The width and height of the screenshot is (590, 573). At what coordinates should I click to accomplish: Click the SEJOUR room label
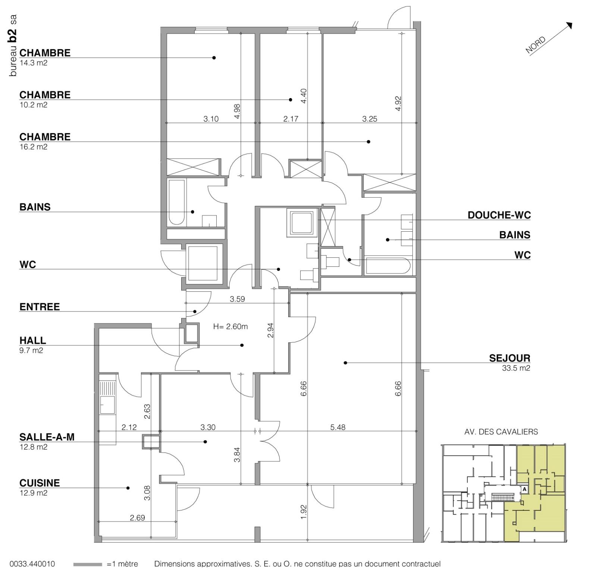pyautogui.click(x=509, y=358)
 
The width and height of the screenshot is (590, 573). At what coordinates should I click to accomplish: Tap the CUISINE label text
pyautogui.click(x=40, y=483)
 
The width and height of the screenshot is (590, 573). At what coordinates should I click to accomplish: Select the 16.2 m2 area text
pyautogui.click(x=33, y=147)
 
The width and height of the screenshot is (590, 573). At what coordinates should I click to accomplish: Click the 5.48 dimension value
pyautogui.click(x=338, y=428)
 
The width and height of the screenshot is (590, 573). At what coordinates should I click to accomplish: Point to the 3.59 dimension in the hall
pyautogui.click(x=237, y=299)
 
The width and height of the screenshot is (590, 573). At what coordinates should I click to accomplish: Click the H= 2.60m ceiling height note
pyautogui.click(x=230, y=327)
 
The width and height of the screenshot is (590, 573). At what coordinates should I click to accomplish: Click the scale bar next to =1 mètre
pyautogui.click(x=88, y=564)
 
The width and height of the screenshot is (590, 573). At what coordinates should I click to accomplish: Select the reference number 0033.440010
pyautogui.click(x=32, y=564)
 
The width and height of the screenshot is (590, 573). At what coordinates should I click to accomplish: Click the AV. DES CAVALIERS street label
pyautogui.click(x=501, y=432)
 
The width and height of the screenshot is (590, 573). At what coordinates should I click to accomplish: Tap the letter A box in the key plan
pyautogui.click(x=524, y=489)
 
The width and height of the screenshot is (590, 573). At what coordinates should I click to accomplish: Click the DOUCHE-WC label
pyautogui.click(x=499, y=215)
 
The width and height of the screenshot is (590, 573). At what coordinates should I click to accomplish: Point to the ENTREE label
pyautogui.click(x=40, y=307)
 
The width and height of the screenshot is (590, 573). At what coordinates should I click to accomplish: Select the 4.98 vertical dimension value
pyautogui.click(x=237, y=111)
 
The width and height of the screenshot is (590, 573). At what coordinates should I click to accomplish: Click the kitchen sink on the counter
pyautogui.click(x=107, y=405)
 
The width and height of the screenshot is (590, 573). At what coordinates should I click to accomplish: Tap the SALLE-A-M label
pyautogui.click(x=47, y=437)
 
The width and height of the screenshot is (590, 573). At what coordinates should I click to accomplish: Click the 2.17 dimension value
pyautogui.click(x=291, y=119)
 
